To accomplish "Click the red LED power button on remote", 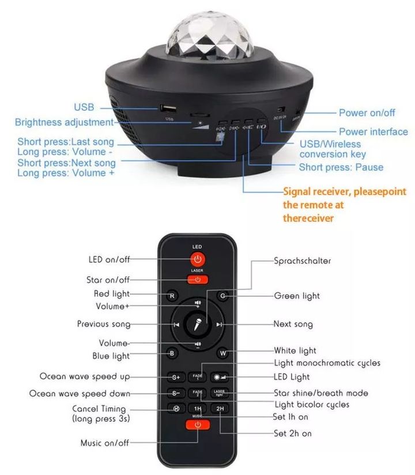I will [x=198, y=259].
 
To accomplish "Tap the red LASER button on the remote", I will [x=198, y=280].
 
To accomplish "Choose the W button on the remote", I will [x=222, y=353].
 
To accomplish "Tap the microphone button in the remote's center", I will [x=197, y=325].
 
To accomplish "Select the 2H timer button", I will [x=219, y=409].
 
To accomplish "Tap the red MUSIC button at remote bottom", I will [x=198, y=425].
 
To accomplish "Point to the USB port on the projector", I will [x=169, y=108].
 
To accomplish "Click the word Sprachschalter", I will [x=302, y=261].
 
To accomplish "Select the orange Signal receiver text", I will [x=344, y=205].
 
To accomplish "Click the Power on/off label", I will [x=367, y=113].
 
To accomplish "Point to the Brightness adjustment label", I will [x=64, y=122].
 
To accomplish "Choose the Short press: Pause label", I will [x=341, y=167].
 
